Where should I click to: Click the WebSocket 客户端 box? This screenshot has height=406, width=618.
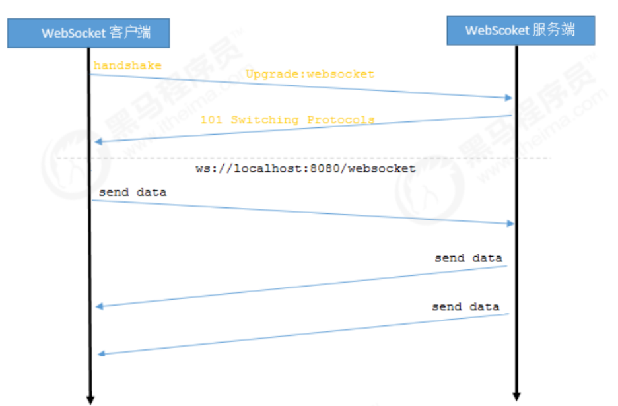pos(88,32)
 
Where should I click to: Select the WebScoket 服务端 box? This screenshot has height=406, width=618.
pos(520,30)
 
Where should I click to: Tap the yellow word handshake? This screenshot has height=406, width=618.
pos(118,65)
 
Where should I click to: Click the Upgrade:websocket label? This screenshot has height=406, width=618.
pos(310,74)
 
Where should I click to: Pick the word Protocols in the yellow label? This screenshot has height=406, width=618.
pos(341,119)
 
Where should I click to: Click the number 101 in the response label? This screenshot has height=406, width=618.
pos(211,119)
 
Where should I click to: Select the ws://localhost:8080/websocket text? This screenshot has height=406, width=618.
pos(306,168)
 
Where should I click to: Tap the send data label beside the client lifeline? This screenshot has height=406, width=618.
pos(133,193)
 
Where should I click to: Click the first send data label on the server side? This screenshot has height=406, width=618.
pos(468,258)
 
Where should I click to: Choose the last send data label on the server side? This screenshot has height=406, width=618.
pos(465,307)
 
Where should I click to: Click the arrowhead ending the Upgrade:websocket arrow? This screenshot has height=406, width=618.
pos(509,98)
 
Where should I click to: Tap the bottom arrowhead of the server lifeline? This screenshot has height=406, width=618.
pos(517,397)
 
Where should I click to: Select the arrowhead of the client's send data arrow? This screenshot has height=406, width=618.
pos(510,224)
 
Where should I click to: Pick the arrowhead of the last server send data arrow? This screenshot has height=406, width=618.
pos(100,355)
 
